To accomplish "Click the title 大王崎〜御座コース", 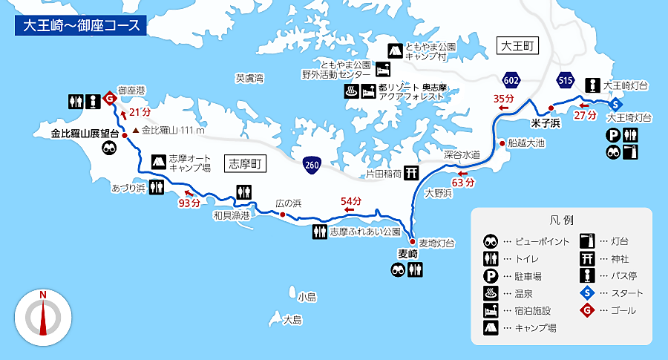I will [80, 24].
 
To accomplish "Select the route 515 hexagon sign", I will [566, 79].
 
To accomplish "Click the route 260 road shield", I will [312, 164].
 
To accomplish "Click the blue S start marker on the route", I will [616, 104].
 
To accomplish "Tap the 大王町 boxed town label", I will [518, 46].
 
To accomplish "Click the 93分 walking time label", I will [189, 202].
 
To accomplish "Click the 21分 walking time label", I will [139, 113].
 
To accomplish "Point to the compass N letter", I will [43, 295].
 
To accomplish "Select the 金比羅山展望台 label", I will [85, 134].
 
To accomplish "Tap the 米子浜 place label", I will [546, 122].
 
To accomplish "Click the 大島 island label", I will [293, 319].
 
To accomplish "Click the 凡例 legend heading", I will [562, 220].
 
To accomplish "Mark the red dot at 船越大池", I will [502, 143].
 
